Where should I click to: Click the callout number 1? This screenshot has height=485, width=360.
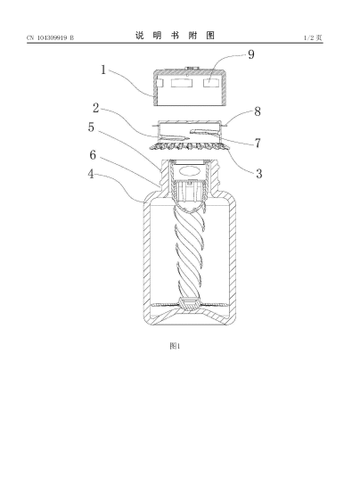coord(103,70)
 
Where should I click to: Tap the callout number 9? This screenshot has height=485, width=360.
coord(251,54)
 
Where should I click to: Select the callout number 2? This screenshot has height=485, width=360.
coord(96,108)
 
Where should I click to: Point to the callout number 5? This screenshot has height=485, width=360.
coord(91,127)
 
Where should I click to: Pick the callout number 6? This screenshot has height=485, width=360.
coord(93,155)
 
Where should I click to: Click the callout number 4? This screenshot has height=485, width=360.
coord(91,174)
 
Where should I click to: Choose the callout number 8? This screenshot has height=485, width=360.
coord(258,111)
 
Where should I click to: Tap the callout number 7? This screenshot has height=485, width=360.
coord(258,143)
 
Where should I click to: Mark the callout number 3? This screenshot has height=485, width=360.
coord(259,174)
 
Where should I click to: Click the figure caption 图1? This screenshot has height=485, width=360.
coord(175,346)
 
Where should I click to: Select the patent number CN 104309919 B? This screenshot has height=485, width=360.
coord(50,37)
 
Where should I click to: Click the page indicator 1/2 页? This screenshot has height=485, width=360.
coord(313,37)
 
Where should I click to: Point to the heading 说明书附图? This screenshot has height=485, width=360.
coord(175,36)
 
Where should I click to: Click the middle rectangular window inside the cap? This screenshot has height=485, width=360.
coord(182,83)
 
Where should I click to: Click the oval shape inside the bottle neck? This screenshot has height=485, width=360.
coord(189,171)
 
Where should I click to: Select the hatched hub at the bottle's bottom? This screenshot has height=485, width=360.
coord(189,304)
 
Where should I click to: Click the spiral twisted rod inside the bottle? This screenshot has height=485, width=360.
coord(188,251)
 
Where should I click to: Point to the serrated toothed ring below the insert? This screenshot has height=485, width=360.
coord(190,146)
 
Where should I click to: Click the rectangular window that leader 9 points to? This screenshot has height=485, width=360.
coord(210,83)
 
